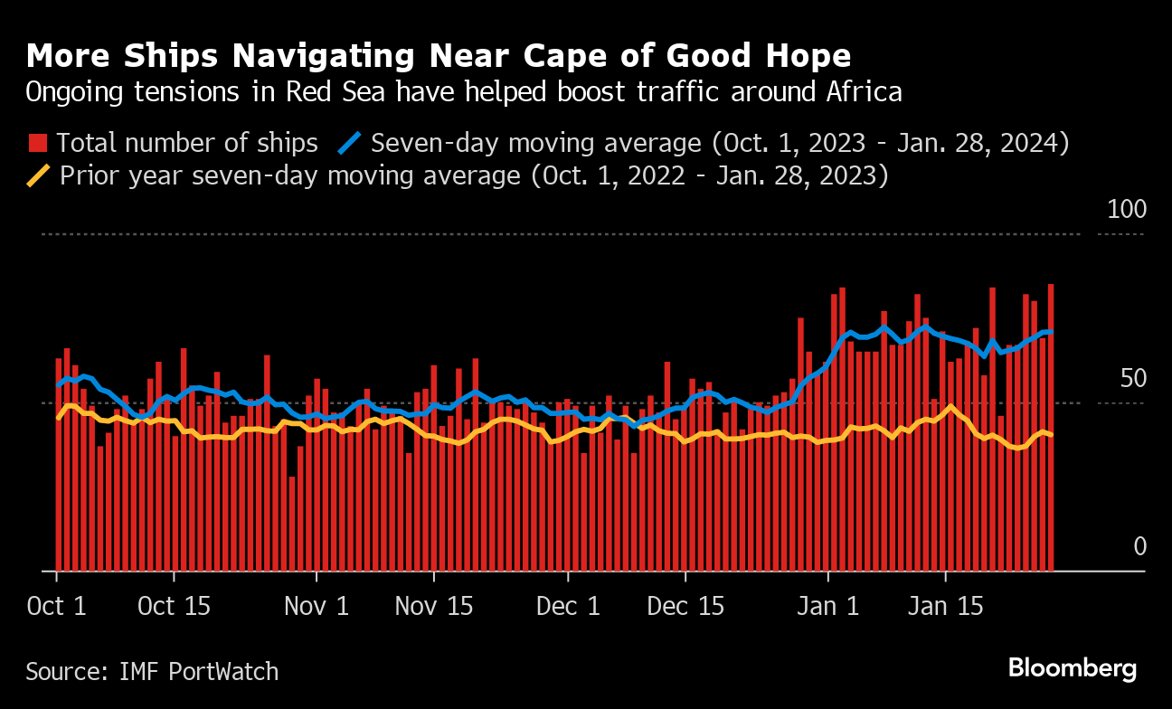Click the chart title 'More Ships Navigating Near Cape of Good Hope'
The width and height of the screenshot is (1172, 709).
[439, 56]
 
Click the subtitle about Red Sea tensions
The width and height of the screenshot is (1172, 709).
[464, 92]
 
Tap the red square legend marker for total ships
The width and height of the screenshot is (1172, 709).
[38, 143]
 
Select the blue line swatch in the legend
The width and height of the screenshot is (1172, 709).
[350, 143]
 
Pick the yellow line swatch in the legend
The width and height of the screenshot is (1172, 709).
[39, 175]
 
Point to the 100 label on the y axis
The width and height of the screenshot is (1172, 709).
[1127, 210]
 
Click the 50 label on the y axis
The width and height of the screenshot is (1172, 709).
[1133, 379]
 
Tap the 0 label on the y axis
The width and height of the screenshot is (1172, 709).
[1139, 546]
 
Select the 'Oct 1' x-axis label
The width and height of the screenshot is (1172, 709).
[56, 606]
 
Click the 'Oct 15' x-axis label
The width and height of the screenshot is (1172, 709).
[174, 606]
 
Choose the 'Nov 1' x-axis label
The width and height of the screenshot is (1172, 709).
[317, 606]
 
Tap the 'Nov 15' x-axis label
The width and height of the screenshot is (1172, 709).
[434, 606]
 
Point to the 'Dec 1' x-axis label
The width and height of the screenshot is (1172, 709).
[568, 606]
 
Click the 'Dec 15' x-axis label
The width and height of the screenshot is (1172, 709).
[685, 606]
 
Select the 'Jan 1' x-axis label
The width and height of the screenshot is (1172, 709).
[828, 606]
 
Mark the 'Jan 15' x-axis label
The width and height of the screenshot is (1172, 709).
[945, 606]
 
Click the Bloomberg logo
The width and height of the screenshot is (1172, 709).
[1072, 669]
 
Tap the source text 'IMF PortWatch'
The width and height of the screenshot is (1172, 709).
[198, 672]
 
